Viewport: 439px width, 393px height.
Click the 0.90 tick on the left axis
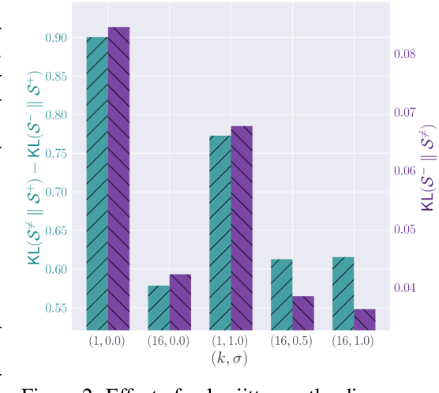(x=58, y=38)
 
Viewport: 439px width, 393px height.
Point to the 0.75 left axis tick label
(x=58, y=154)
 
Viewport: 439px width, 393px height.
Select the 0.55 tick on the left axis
(x=58, y=308)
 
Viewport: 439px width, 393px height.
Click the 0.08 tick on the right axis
(x=405, y=54)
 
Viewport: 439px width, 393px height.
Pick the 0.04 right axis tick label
(x=405, y=287)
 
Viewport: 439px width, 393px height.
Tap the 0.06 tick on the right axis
(x=405, y=171)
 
